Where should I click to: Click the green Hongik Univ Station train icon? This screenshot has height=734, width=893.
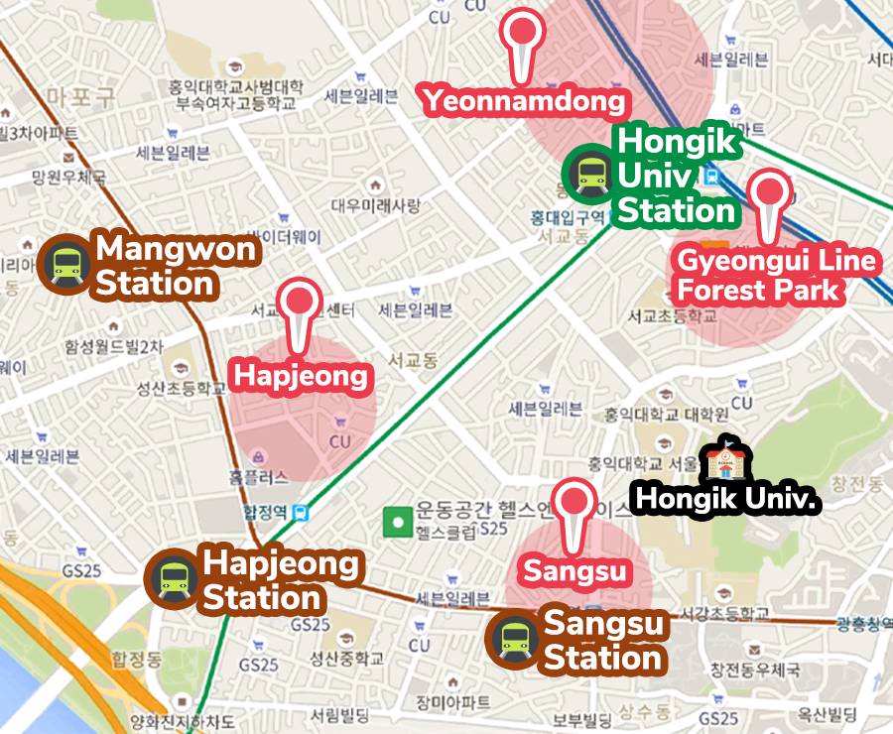tap(589, 174)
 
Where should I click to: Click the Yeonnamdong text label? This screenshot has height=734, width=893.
tap(525, 100)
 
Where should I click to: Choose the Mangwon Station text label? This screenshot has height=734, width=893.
tap(176, 266)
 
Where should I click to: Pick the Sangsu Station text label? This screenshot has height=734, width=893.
tap(603, 642)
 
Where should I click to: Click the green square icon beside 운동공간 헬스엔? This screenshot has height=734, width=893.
tap(398, 520)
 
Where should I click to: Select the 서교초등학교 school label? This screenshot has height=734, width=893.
tap(671, 317)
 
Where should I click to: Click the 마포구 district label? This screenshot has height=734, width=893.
tap(81, 96)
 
